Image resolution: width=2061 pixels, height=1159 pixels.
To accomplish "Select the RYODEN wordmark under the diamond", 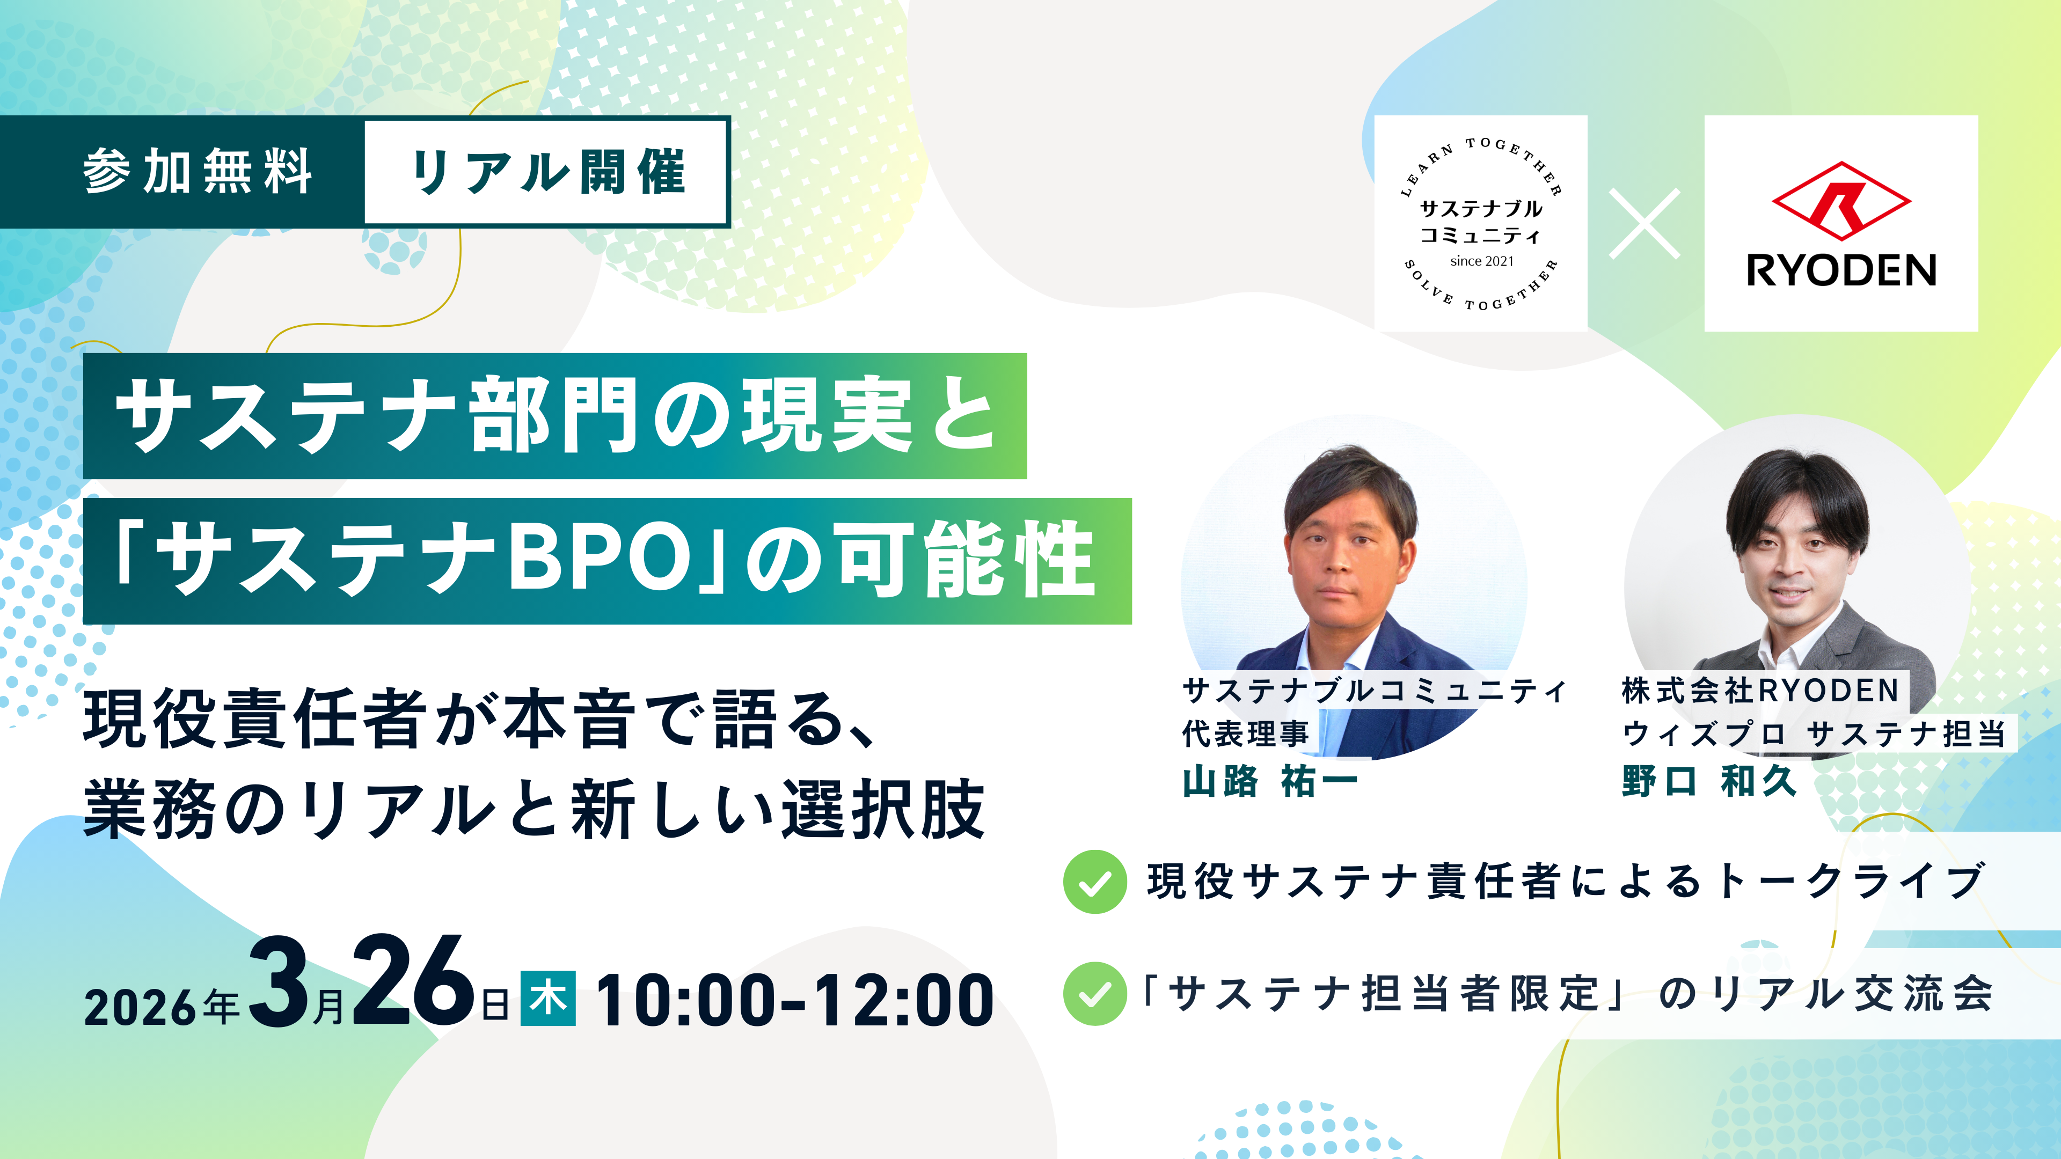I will [1841, 270].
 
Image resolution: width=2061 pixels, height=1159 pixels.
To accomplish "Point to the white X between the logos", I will [1645, 223].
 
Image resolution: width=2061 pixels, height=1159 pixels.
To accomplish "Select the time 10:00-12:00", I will [794, 1000].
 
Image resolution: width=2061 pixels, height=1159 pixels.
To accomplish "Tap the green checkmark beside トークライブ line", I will [1094, 882].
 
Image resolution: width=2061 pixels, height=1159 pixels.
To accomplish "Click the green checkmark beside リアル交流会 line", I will [1094, 993].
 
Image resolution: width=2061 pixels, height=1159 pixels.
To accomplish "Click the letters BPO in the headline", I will [600, 558].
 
